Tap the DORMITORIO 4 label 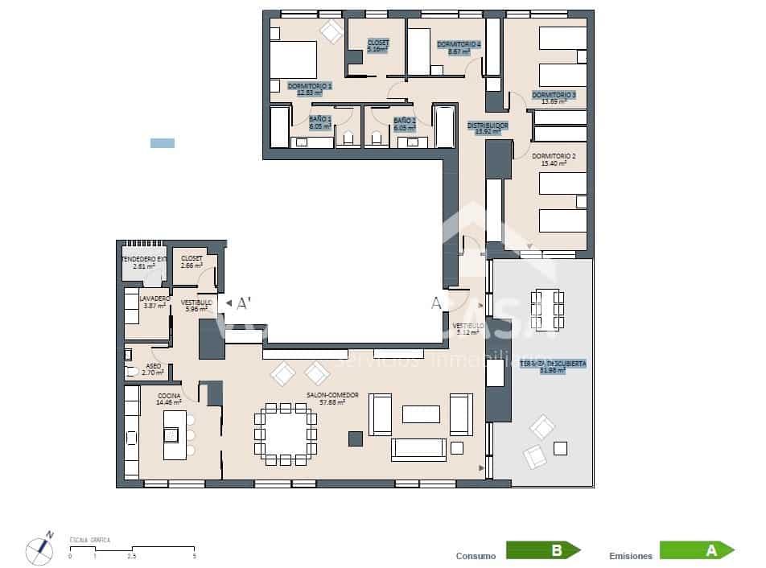point(459,43)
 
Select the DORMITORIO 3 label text point(554,95)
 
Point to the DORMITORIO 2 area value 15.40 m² point(554,163)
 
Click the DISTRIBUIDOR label point(488,126)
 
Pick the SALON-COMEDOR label point(332,395)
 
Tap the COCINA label point(169,396)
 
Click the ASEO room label point(154,366)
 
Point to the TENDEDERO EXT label point(144,259)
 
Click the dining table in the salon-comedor point(286,432)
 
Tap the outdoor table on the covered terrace point(547,309)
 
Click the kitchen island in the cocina point(175,434)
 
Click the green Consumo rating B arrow point(542,550)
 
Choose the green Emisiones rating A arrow point(696,550)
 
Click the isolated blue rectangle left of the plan point(163,143)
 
